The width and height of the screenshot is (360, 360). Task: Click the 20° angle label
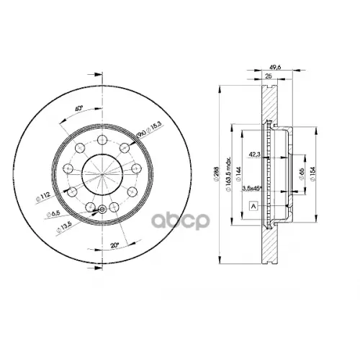tap(114, 245)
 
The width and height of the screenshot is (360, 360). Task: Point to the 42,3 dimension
tap(255, 153)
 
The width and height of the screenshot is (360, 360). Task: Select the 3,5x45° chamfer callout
tap(256, 188)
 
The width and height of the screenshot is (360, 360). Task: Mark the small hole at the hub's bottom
tap(102, 210)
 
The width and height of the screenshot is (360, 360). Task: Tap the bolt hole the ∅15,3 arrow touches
tap(125, 148)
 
